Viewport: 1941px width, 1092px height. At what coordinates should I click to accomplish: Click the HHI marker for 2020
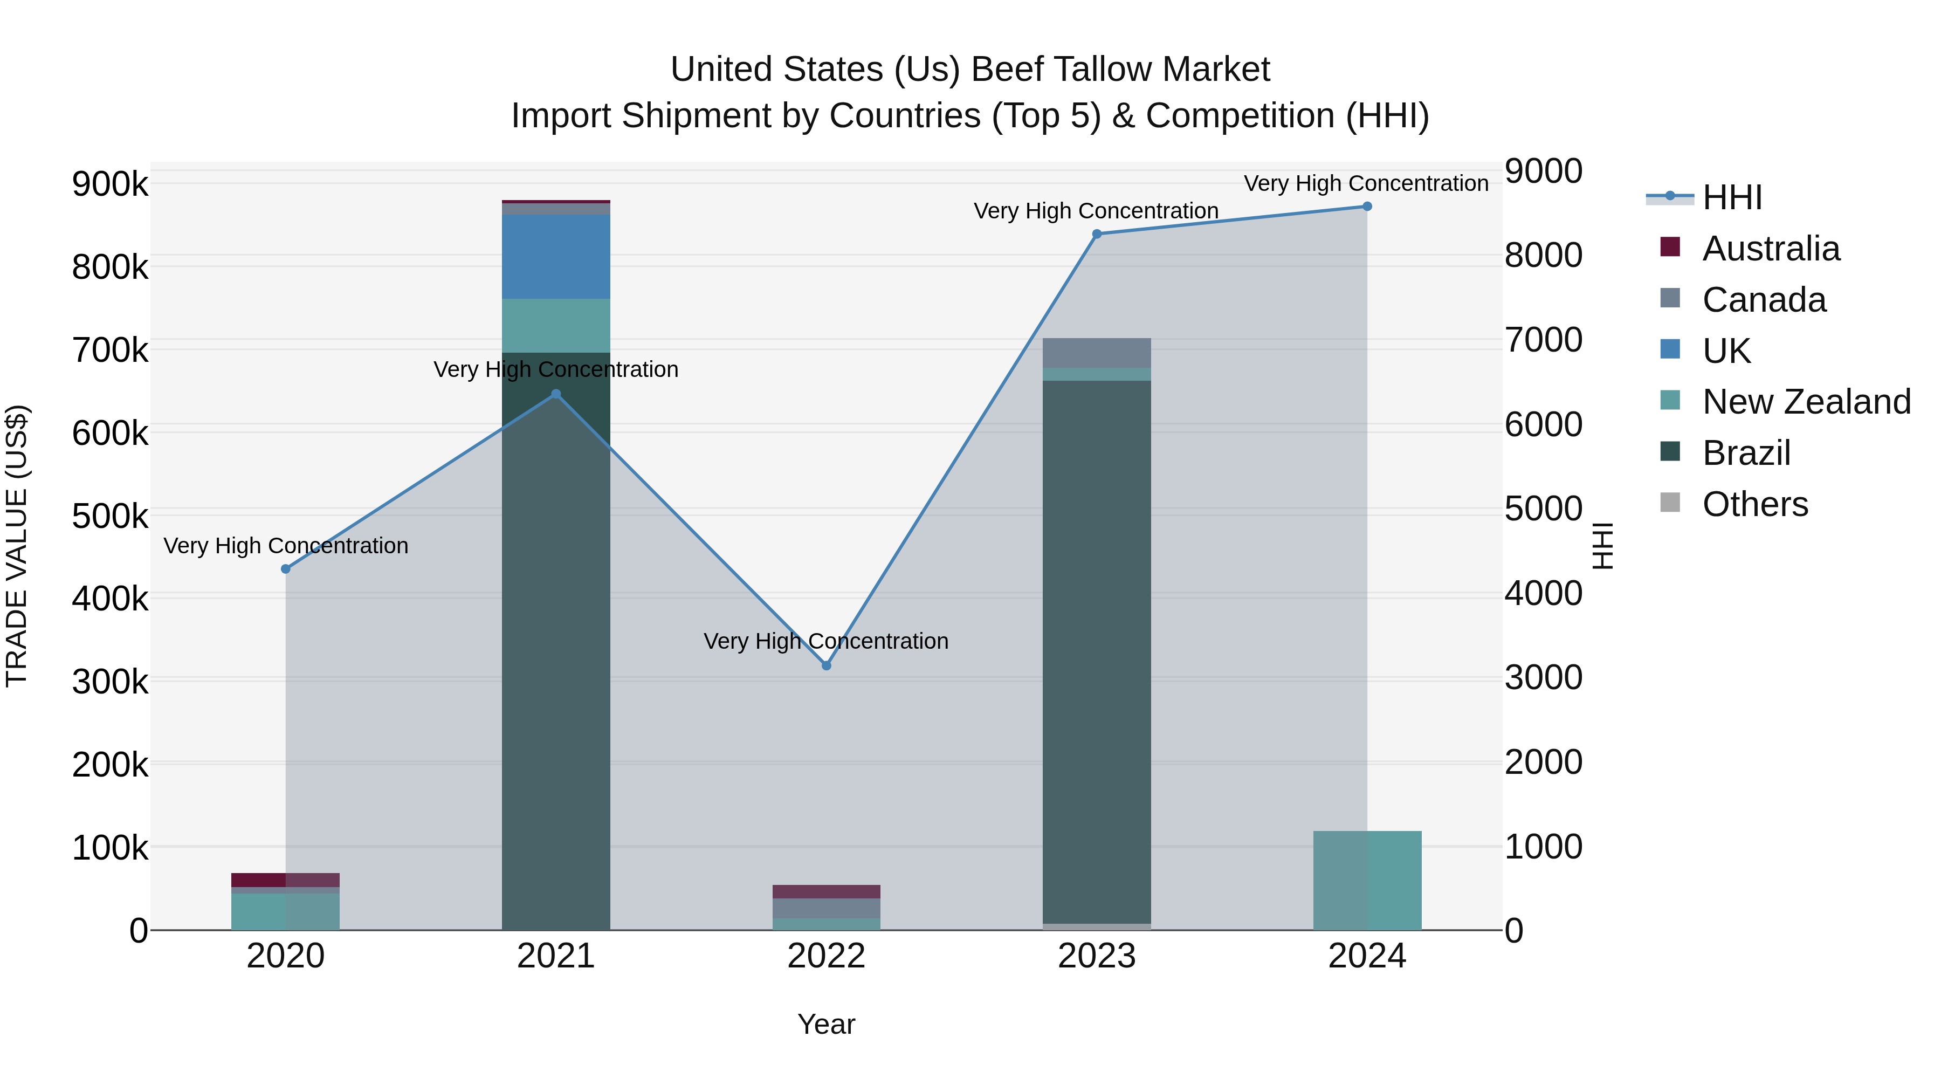click(x=286, y=569)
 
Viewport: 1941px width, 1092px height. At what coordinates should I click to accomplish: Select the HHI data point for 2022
click(x=826, y=665)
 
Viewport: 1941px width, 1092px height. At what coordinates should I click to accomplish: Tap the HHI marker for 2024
click(x=1367, y=207)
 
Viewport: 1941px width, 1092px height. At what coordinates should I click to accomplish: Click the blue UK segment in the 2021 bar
click(x=556, y=256)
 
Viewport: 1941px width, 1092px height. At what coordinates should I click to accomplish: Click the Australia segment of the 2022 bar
click(x=826, y=891)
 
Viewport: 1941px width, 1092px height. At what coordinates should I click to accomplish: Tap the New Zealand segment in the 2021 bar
click(x=556, y=326)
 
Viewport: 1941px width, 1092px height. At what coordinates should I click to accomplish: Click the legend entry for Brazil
click(x=1746, y=453)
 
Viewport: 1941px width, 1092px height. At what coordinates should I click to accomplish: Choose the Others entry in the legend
click(x=1755, y=504)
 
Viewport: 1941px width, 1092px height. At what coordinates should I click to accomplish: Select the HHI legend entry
click(x=1731, y=197)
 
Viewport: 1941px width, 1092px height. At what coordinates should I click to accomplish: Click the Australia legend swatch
click(x=1670, y=246)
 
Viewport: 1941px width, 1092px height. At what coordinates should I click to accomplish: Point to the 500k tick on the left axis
click(x=110, y=517)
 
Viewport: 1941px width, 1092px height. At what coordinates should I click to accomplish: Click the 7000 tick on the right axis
click(x=1543, y=340)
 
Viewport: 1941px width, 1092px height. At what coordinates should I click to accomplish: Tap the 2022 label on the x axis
click(x=826, y=956)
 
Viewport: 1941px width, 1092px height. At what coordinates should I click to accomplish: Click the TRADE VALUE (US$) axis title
click(x=17, y=546)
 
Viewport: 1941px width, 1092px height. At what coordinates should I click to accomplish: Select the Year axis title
click(x=826, y=1024)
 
